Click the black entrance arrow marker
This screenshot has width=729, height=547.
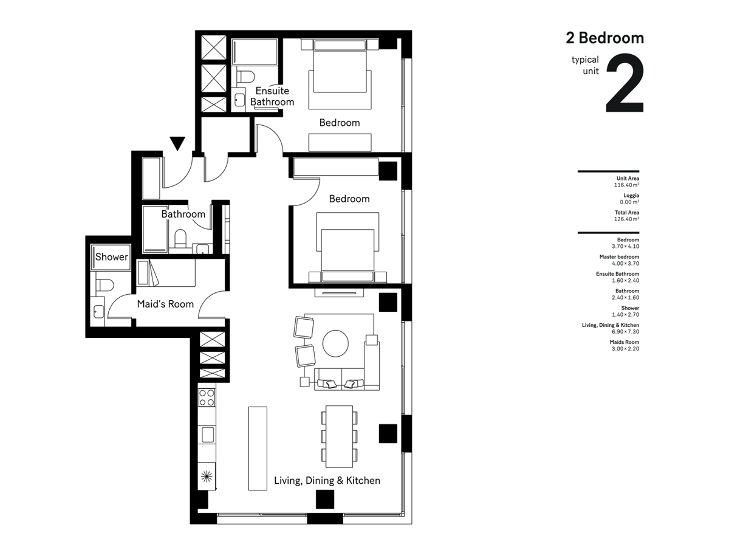tap(177, 143)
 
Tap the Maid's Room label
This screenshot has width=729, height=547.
tap(165, 304)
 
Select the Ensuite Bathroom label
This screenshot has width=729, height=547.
tap(272, 96)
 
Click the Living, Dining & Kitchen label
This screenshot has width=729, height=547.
tap(327, 481)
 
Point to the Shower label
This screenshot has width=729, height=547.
tap(111, 256)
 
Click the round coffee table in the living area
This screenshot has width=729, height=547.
tap(335, 343)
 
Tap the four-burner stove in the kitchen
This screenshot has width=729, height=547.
tap(207, 398)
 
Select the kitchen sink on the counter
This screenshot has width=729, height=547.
tap(208, 435)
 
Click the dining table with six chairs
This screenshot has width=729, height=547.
tap(339, 436)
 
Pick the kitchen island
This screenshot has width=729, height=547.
tap(258, 449)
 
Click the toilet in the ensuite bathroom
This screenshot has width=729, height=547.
tap(245, 77)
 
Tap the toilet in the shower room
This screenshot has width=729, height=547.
tap(104, 285)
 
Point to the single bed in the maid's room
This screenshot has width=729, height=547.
tap(166, 273)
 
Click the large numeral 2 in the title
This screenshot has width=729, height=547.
tap(625, 83)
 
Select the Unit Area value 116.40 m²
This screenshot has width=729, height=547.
tap(626, 185)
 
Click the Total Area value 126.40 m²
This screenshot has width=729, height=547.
tap(626, 219)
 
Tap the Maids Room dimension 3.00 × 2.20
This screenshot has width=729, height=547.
tap(625, 349)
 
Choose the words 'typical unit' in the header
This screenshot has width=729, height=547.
tap(585, 66)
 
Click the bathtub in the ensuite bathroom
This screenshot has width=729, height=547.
tap(255, 52)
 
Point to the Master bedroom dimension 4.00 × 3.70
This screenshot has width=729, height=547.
tap(625, 263)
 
